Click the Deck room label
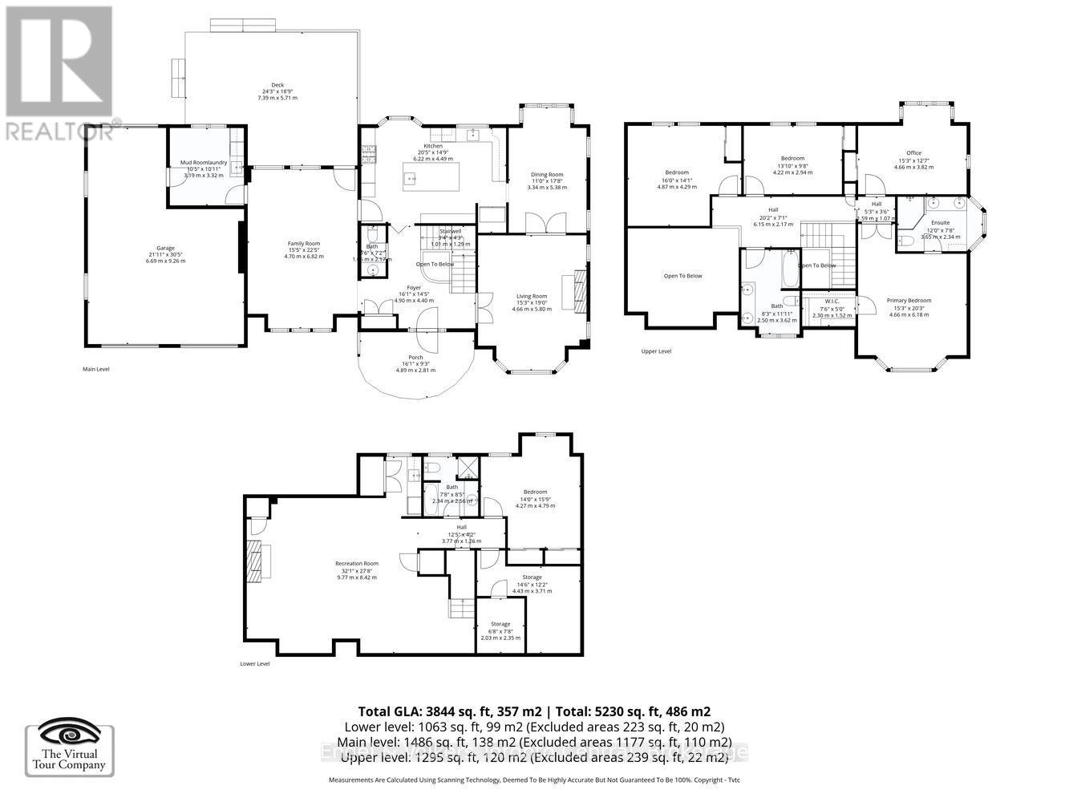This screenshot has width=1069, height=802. coord(277,85)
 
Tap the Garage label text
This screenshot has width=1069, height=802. coord(166,248)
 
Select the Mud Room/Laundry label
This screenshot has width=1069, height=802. coord(203,163)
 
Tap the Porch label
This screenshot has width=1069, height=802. coord(415,358)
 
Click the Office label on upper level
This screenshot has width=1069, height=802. coord(913,152)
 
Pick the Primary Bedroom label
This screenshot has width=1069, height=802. coord(909,301)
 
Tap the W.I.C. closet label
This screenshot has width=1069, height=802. coord(832,302)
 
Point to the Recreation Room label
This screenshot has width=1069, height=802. coord(357,563)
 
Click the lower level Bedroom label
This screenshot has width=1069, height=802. coord(535,492)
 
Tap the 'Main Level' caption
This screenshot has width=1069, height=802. coord(96,370)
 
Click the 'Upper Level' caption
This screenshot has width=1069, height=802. coord(656,351)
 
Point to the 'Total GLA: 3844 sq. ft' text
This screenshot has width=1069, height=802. coord(451,711)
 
